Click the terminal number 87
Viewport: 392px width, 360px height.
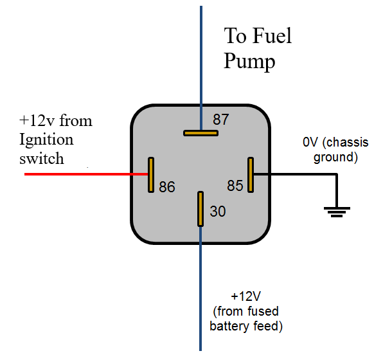221,120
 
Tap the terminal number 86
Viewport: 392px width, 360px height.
167,186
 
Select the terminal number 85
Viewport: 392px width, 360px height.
235,186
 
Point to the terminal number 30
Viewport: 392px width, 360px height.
218,212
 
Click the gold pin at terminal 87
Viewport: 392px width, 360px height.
200,133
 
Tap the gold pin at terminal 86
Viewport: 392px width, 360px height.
151,175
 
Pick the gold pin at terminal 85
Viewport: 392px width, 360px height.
251,175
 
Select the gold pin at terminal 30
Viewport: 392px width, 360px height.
200,209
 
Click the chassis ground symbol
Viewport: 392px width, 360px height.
337,212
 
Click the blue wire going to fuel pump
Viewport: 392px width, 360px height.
201,68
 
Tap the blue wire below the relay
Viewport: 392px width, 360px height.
200,289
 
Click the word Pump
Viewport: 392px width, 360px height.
249,61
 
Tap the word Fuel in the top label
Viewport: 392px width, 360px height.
272,36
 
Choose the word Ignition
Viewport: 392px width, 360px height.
46,140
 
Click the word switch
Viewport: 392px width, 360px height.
42,158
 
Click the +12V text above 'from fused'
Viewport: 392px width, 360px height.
245,296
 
